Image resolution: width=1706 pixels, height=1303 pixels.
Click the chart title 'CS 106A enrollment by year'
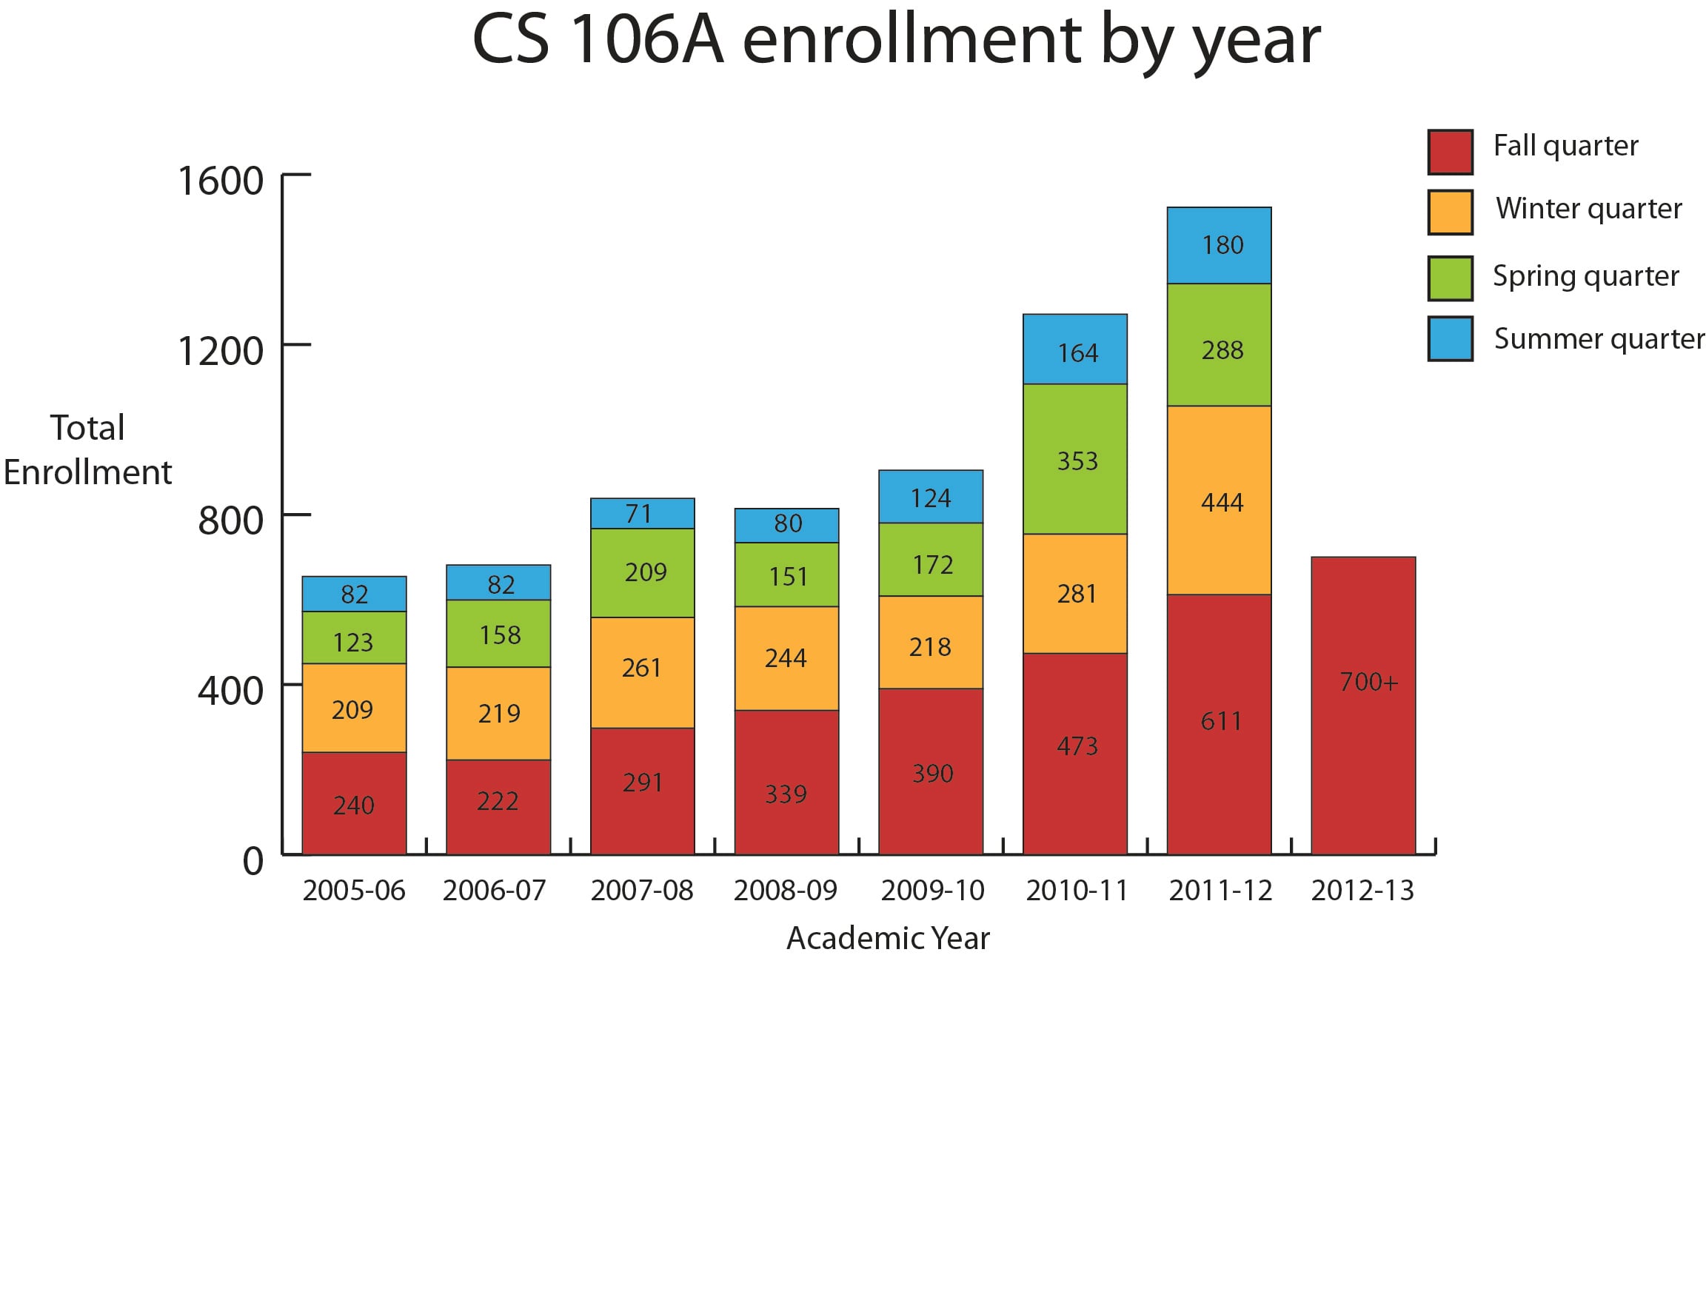(894, 40)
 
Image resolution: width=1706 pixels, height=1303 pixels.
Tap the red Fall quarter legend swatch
(1449, 152)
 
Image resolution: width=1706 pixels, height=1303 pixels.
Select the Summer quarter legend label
(1597, 339)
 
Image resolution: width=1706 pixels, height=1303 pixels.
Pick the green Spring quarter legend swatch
(1449, 278)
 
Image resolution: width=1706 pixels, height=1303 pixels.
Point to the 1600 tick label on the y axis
(221, 181)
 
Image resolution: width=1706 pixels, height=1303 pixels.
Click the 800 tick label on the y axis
(230, 520)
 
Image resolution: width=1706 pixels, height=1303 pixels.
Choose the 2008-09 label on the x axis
(785, 891)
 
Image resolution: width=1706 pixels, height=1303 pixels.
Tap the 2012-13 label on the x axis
(1362, 891)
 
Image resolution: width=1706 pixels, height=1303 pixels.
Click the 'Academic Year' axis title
(888, 939)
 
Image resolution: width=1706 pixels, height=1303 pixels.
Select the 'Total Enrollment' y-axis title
(87, 450)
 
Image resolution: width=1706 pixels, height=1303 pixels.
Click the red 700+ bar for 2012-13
(1362, 706)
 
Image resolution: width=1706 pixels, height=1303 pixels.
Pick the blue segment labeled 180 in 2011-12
(1219, 245)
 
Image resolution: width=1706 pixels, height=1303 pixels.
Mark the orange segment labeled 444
(1219, 500)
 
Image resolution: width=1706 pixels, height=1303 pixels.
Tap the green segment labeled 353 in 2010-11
(1074, 459)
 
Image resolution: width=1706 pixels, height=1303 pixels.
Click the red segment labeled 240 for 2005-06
(354, 803)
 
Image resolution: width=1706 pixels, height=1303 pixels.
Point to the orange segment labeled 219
(498, 714)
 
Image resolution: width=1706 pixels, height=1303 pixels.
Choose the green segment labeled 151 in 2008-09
(786, 575)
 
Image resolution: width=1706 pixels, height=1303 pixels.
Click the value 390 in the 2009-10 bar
(931, 773)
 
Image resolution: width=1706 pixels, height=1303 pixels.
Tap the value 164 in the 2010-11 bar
(1077, 354)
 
